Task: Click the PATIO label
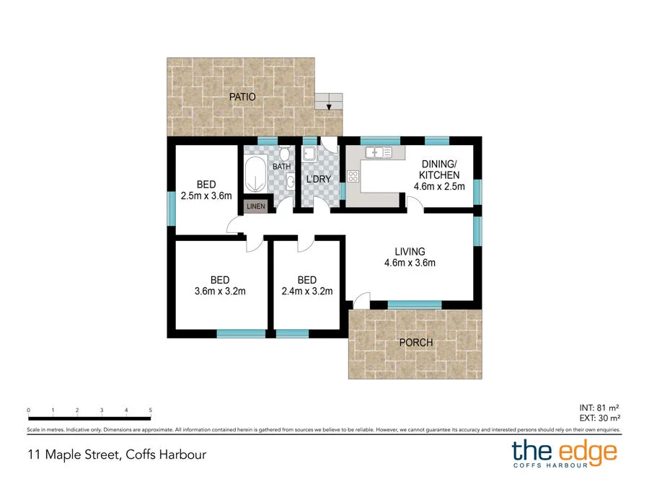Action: point(242,97)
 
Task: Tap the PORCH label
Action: point(416,342)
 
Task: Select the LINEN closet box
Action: point(256,206)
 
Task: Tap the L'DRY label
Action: point(319,178)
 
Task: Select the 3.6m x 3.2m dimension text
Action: point(220,292)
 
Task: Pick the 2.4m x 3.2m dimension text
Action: point(306,292)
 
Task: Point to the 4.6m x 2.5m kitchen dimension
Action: point(439,186)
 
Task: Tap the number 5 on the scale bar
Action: point(151,410)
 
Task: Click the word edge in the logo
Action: point(586,451)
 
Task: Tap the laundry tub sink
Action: point(309,153)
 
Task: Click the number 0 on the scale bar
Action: point(28,410)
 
